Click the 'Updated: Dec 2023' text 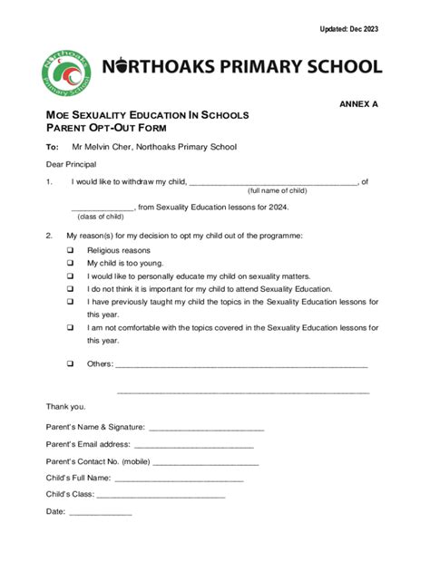click(348, 29)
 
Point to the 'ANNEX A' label click(358, 104)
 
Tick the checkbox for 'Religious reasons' click(70, 250)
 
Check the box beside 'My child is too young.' click(70, 263)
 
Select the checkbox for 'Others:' click(70, 363)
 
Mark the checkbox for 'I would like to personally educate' click(70, 276)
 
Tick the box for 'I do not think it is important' click(70, 289)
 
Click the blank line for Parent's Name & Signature click(206, 428)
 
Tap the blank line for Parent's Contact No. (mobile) click(207, 462)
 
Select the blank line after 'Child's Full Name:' click(179, 479)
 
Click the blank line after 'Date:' click(100, 513)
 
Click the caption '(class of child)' click(100, 218)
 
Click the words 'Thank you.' click(66, 406)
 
